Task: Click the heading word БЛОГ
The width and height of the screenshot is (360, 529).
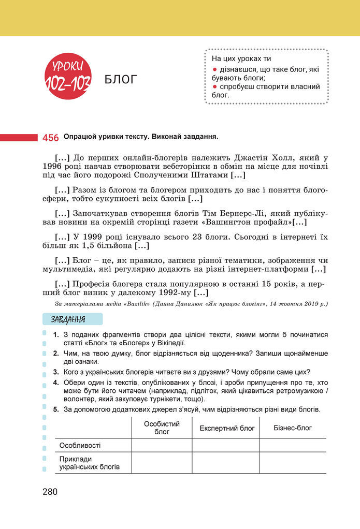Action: pos(120,79)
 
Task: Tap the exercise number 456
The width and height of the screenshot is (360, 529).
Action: pos(50,138)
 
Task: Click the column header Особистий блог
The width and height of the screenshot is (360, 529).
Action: pos(162,428)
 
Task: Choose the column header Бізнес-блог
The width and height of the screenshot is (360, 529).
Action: pos(293,428)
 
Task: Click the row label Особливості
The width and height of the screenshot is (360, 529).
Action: pos(80,445)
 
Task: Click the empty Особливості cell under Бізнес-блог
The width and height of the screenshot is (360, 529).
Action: pos(293,445)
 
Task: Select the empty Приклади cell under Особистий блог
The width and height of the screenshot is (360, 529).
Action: pos(162,463)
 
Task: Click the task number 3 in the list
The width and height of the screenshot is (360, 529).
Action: pos(55,372)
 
